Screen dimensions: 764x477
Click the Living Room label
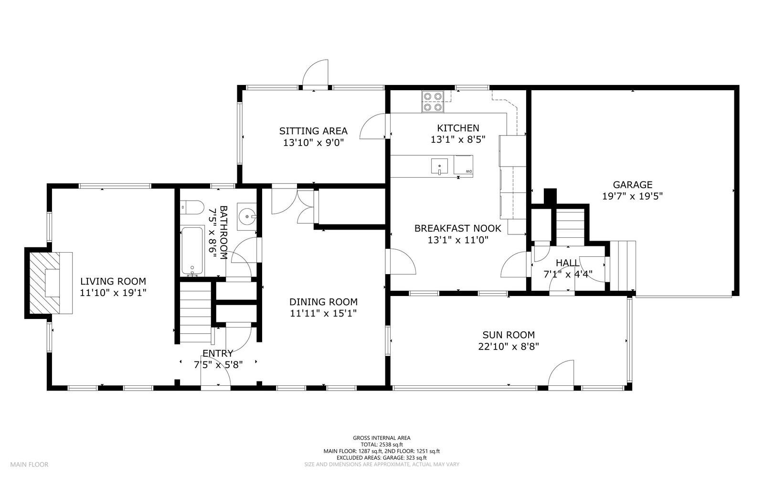113,281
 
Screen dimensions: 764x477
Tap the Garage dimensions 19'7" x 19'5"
632,196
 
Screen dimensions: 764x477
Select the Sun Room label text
509,335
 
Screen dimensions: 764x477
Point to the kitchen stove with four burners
433,102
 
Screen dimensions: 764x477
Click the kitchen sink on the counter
439,166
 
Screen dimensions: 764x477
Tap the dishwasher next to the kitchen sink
463,165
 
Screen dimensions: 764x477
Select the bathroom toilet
191,207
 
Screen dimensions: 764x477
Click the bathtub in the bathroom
192,251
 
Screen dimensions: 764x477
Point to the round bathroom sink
247,216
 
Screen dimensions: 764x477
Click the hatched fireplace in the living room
44,283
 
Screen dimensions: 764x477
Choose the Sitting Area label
313,131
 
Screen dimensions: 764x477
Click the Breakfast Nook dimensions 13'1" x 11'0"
458,240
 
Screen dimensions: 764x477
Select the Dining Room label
323,302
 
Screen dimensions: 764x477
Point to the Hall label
568,263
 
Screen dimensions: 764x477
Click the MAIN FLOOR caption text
29,465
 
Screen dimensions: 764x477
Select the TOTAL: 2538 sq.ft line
382,445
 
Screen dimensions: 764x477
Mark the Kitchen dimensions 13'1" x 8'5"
458,139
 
